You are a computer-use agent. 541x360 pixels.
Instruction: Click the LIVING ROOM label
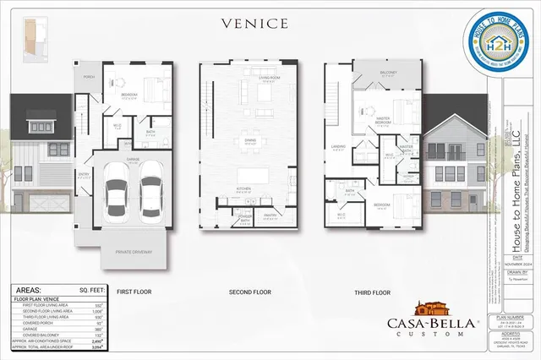click(x=269, y=78)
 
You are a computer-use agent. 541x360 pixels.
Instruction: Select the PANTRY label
click(x=272, y=215)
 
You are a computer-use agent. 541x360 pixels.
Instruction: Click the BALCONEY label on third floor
click(x=388, y=74)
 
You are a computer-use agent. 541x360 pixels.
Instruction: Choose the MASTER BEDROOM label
click(x=383, y=121)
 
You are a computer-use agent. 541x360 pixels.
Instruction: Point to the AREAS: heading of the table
click(x=30, y=289)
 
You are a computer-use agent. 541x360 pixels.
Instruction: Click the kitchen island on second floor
click(x=254, y=177)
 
